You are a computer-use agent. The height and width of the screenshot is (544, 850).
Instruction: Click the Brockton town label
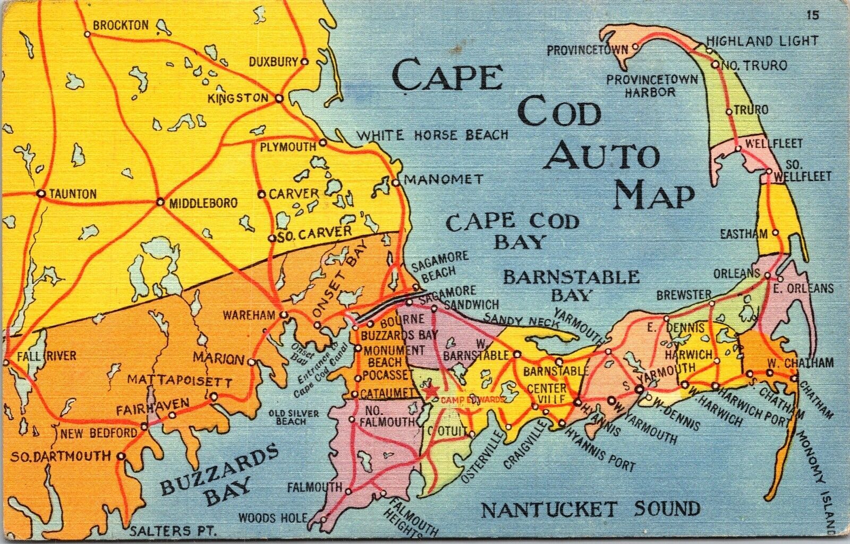[121, 25]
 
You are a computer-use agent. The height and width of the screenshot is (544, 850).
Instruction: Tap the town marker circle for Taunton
[41, 194]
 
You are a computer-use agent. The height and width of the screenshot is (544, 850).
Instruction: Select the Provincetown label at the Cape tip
[588, 50]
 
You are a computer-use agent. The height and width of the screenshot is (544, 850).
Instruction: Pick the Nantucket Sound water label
[591, 510]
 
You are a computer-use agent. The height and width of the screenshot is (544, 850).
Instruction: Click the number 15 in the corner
[813, 15]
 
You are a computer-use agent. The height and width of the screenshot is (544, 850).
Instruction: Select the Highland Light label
[762, 41]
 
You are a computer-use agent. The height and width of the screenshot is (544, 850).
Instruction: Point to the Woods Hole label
[273, 517]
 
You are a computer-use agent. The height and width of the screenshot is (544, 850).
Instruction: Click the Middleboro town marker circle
[160, 202]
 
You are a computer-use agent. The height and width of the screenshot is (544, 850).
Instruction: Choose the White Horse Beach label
[431, 135]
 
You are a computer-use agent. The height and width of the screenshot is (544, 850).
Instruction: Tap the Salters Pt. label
[161, 530]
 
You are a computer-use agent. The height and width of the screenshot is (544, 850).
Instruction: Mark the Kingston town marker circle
[279, 98]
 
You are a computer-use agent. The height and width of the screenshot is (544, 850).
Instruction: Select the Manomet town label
[444, 179]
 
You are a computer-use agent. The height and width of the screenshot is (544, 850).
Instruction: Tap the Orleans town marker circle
[768, 275]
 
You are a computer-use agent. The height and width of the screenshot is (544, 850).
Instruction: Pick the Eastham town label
[744, 234]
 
